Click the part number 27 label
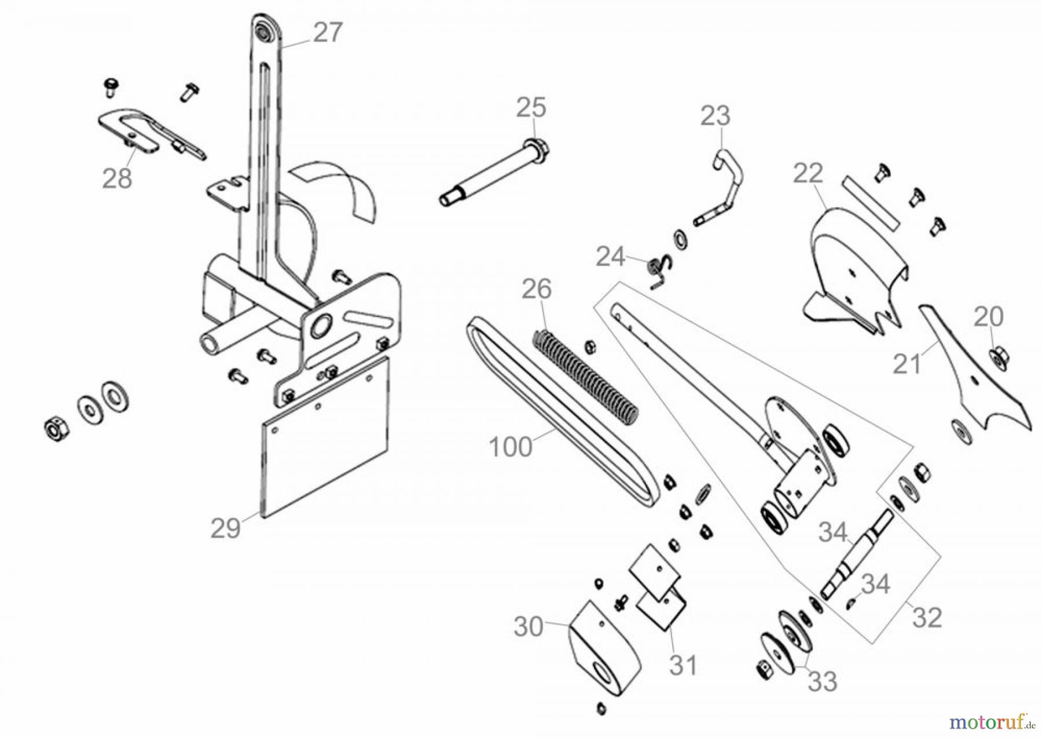328,32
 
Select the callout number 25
531,107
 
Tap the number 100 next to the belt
510,447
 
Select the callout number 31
683,665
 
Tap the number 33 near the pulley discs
822,681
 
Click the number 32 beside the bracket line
927,618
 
